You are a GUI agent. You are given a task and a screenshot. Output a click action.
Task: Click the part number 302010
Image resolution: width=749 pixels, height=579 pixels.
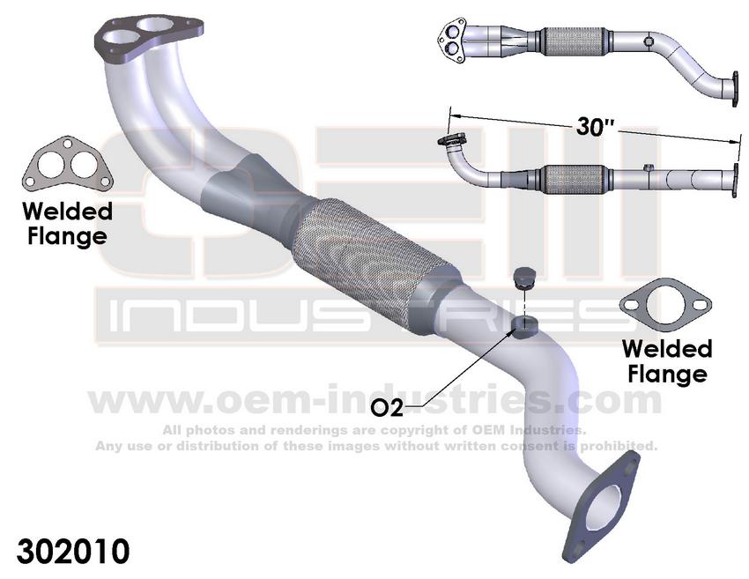tap(67, 551)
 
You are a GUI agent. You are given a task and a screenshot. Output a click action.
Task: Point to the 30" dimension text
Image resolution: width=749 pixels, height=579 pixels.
tap(595, 125)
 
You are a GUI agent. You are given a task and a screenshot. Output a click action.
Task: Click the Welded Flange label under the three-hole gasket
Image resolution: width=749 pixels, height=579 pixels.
tap(67, 224)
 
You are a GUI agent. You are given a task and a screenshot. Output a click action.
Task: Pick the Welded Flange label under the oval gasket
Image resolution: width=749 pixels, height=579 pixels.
tap(666, 360)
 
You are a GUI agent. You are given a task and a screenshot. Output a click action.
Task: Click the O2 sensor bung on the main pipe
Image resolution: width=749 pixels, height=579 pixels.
tap(524, 327)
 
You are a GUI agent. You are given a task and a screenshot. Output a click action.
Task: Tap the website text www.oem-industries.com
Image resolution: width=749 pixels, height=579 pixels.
tap(374, 400)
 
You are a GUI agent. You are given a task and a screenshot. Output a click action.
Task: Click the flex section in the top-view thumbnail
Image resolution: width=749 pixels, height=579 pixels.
tap(571, 41)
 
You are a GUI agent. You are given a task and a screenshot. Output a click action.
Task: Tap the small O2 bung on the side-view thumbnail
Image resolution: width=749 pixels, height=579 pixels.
tap(648, 167)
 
